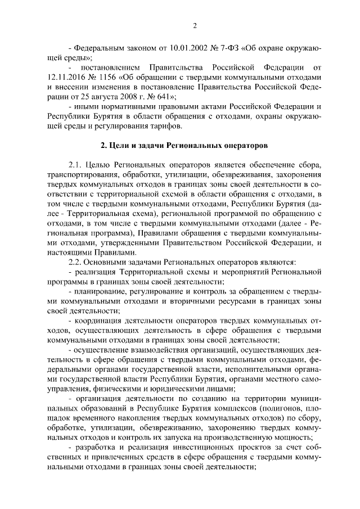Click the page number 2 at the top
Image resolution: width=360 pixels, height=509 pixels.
click(x=194, y=25)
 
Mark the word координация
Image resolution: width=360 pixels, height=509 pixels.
click(x=98, y=321)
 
